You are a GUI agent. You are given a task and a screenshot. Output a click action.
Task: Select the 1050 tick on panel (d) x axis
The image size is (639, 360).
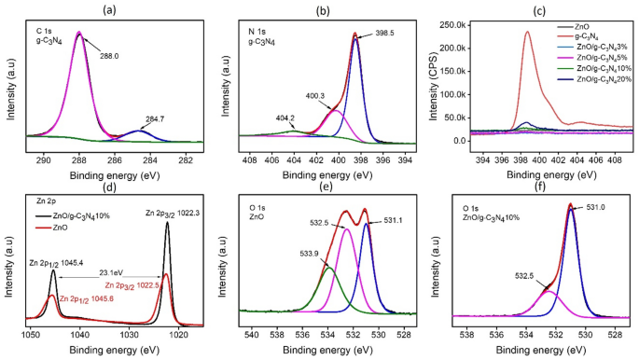coord(30,333)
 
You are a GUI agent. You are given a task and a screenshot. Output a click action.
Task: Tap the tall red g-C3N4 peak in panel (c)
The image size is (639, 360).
coord(527,34)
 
